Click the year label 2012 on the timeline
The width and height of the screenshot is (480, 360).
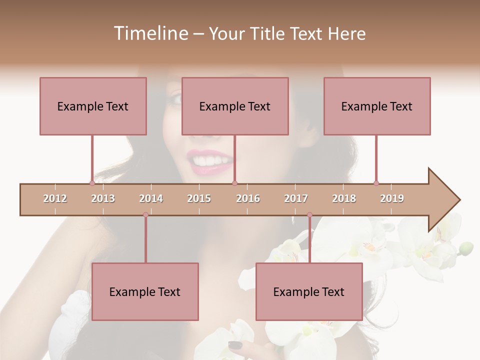[55, 198]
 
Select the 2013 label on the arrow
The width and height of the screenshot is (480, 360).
[103, 198]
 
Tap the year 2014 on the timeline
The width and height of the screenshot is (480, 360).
[151, 198]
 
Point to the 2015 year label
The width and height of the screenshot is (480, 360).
[199, 198]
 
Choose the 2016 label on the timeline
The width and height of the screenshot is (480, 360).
[248, 198]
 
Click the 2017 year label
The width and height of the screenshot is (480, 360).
[296, 198]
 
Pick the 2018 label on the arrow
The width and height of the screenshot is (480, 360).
[344, 198]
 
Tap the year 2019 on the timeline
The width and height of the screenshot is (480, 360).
[392, 198]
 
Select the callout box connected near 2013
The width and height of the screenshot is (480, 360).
[93, 106]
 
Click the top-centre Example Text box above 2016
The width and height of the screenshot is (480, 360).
[235, 106]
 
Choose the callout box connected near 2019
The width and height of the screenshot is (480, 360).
[377, 106]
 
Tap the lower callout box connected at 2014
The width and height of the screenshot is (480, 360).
[145, 291]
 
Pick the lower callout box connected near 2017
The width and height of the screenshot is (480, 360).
[309, 291]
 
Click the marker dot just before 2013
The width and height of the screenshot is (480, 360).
[92, 183]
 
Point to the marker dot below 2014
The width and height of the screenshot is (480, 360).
[145, 214]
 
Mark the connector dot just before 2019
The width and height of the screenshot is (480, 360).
[376, 183]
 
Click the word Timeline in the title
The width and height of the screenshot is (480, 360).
[150, 33]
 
